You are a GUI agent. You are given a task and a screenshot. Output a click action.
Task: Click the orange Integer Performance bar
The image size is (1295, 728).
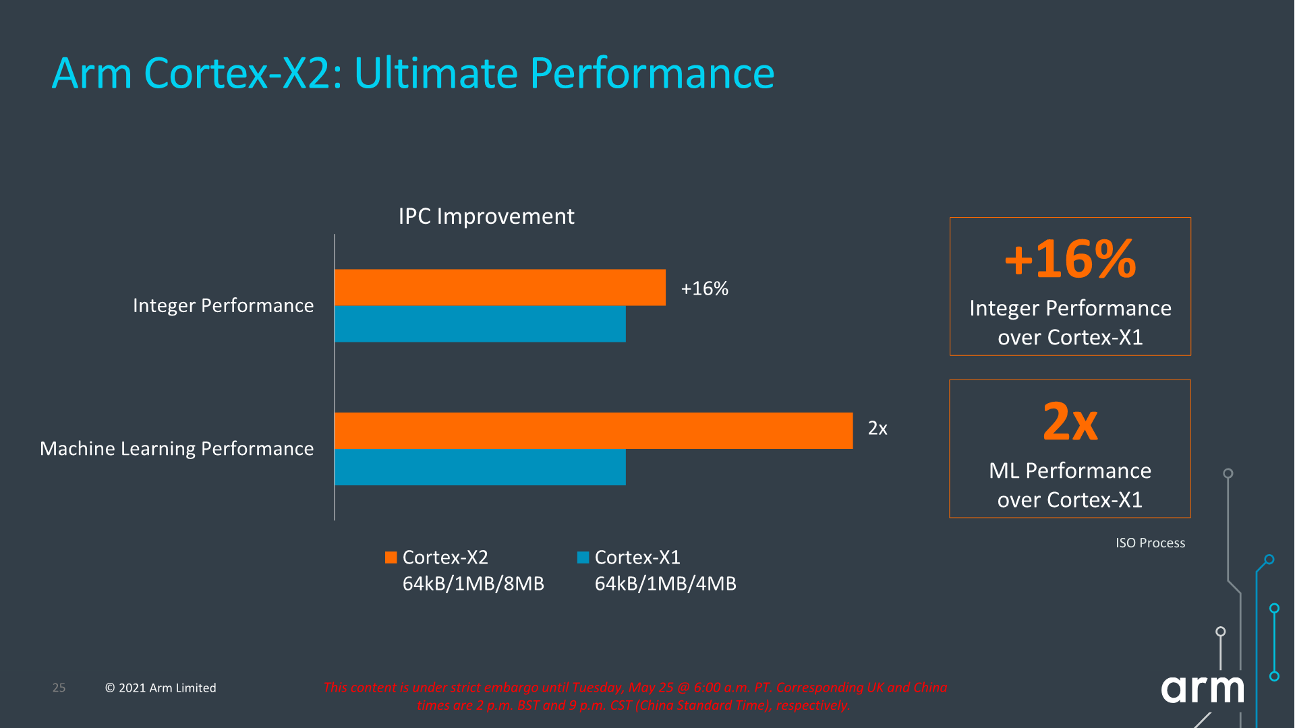(499, 287)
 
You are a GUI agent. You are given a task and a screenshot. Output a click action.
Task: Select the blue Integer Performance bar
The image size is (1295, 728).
(480, 324)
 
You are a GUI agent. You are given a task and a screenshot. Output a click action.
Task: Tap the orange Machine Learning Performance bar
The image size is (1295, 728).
(593, 430)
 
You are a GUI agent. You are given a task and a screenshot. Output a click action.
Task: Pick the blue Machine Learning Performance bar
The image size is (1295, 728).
(480, 466)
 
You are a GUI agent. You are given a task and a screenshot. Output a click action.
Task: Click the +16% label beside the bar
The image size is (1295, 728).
(704, 289)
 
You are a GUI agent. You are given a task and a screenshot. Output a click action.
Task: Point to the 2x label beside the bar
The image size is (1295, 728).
(877, 428)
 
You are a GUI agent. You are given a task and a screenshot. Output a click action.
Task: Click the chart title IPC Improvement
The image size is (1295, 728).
(486, 216)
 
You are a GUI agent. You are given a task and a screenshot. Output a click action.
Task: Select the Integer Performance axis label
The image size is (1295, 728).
(223, 305)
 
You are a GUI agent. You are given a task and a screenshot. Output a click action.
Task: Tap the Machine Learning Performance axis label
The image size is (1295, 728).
(177, 448)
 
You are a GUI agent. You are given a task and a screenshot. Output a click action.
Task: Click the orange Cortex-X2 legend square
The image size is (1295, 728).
(391, 557)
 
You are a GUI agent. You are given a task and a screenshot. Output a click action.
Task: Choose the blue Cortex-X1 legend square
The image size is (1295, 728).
(583, 557)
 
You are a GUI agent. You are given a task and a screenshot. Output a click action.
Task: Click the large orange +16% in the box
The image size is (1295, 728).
(1070, 259)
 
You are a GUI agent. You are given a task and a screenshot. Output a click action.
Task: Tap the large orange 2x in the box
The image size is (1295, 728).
(1070, 422)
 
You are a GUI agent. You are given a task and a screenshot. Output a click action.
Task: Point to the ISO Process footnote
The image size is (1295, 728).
(1149, 543)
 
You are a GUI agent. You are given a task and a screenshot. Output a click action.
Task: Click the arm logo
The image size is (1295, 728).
(1202, 689)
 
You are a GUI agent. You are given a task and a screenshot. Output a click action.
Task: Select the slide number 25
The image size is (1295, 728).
(59, 688)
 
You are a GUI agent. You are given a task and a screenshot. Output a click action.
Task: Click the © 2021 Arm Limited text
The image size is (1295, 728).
(161, 688)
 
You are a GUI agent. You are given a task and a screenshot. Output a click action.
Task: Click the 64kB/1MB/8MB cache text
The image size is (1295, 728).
(473, 583)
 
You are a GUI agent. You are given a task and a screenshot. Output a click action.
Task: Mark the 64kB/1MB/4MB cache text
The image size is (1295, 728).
(665, 583)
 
